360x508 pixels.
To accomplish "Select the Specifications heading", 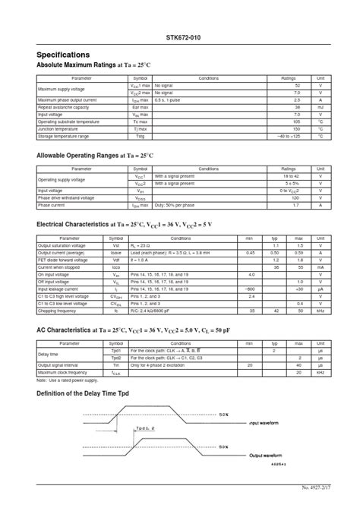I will pos(63,55).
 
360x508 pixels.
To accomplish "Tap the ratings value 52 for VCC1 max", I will pos(297,86).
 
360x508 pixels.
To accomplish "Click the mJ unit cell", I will pos(321,107).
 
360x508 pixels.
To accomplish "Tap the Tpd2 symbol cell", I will pos(116,357).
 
